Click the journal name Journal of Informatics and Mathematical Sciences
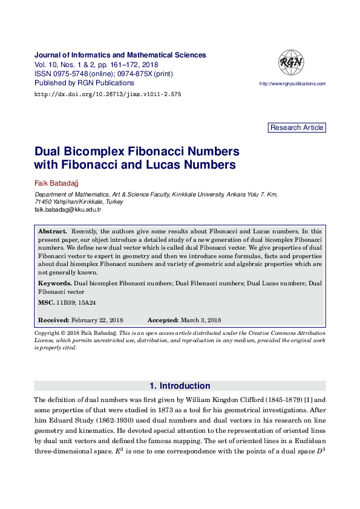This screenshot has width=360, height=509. pyautogui.click(x=120, y=55)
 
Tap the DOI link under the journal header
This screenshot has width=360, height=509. pyautogui.click(x=108, y=94)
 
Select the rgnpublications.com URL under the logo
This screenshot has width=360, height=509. pyautogui.click(x=292, y=84)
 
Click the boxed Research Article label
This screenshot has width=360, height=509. pyautogui.click(x=296, y=128)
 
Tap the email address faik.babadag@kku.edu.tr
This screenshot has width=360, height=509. pyautogui.click(x=68, y=209)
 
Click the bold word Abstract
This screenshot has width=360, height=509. pyautogui.click(x=52, y=232)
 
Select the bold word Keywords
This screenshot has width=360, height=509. pyautogui.click(x=54, y=283)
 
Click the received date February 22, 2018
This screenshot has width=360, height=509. pyautogui.click(x=97, y=320)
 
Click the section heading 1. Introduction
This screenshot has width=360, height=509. pyautogui.click(x=180, y=386)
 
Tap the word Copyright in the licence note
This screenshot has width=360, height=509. pyautogui.click(x=47, y=333)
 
